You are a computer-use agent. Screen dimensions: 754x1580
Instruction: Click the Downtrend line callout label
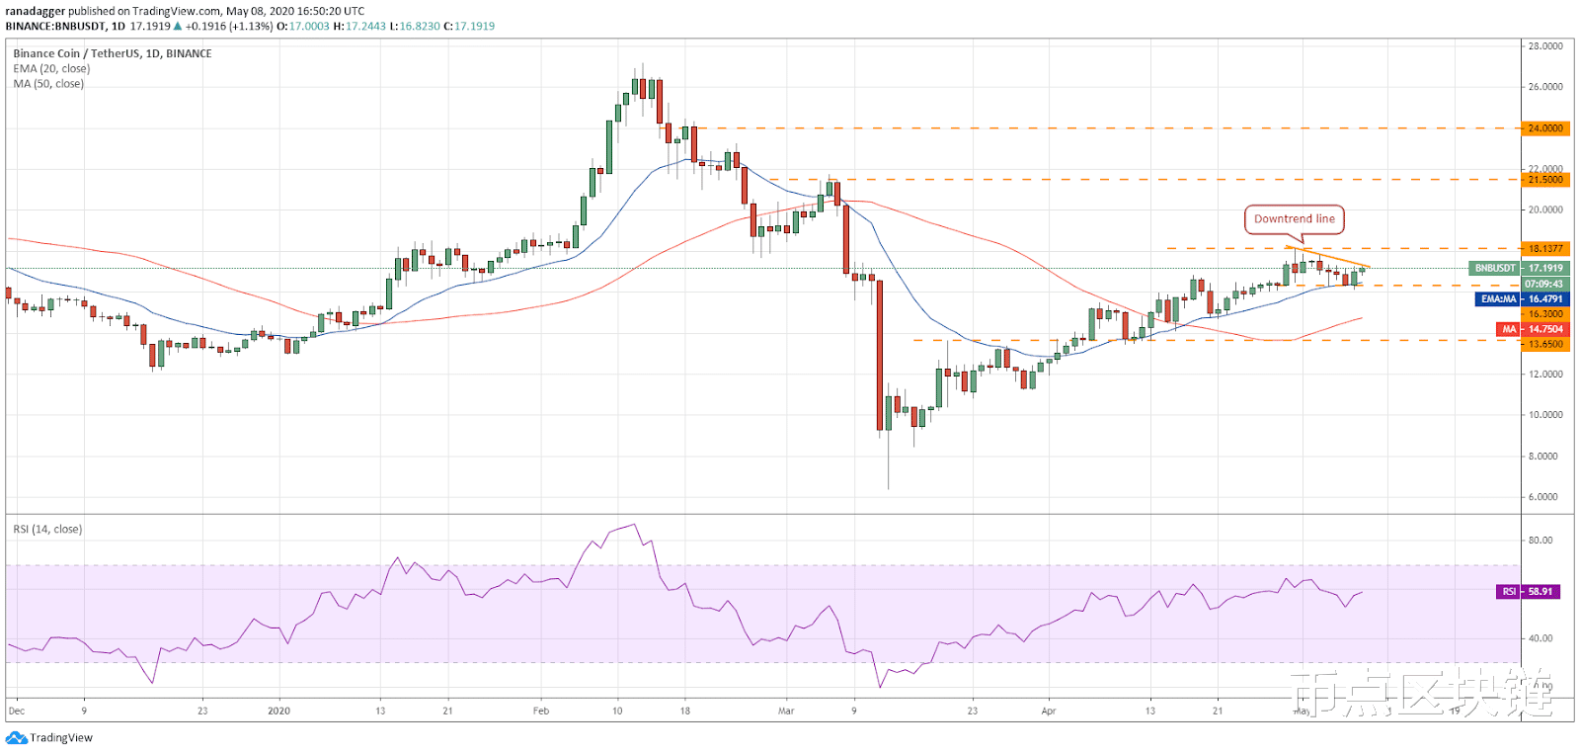click(x=1294, y=218)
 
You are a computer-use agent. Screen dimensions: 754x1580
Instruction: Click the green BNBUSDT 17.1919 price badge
click(x=1519, y=268)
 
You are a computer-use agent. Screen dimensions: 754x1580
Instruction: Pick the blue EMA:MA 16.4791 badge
click(x=1522, y=298)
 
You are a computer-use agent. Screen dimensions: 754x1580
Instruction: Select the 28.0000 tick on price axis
click(x=1544, y=46)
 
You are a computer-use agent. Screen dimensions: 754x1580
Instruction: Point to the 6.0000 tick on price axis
click(x=1544, y=497)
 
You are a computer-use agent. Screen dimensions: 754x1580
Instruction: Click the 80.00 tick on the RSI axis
click(x=1540, y=541)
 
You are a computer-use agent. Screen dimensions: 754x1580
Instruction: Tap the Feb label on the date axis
click(x=540, y=711)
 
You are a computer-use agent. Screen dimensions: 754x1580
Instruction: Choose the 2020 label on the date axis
click(x=279, y=711)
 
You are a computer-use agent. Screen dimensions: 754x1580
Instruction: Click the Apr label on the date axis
click(x=1048, y=711)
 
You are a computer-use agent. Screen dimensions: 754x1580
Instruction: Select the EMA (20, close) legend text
click(x=51, y=69)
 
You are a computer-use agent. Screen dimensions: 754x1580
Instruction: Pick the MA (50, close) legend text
click(x=48, y=84)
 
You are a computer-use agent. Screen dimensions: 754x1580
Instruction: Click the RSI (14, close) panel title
click(x=47, y=530)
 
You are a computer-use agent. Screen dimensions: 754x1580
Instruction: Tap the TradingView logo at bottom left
click(x=49, y=737)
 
